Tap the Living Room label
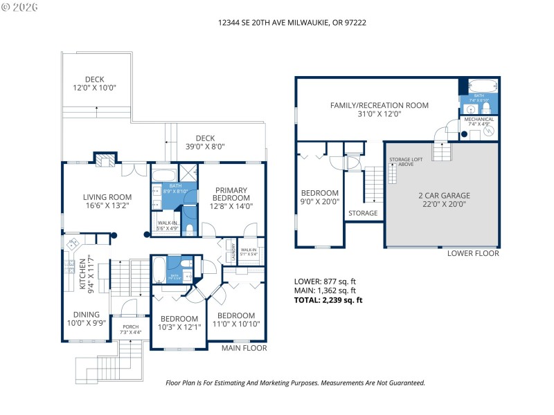107,201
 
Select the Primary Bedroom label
231,197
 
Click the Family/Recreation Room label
379,109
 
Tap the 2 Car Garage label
443,199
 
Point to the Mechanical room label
479,121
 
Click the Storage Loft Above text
402,162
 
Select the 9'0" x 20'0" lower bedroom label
319,197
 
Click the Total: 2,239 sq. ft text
329,300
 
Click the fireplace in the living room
105,160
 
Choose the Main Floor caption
244,348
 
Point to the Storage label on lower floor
363,213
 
